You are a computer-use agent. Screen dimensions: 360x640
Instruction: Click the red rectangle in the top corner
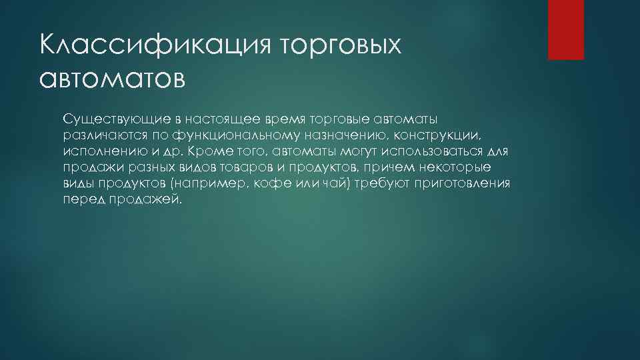(x=565, y=29)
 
